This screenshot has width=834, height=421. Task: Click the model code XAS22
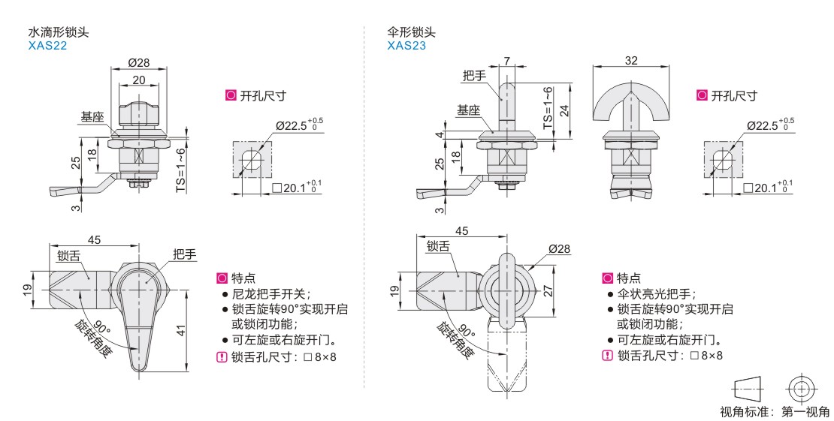pos(47,45)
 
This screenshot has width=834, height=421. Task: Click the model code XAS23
pos(406,45)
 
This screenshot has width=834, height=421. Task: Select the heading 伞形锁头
pos(411,32)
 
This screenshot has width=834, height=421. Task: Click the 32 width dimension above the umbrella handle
pos(630,61)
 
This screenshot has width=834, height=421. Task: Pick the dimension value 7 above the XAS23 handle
pos(507,60)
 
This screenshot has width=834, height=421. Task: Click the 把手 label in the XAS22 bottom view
pos(184,255)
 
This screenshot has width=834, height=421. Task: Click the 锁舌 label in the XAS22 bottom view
pos(69,255)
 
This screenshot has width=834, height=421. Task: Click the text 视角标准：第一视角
pos(775,411)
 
